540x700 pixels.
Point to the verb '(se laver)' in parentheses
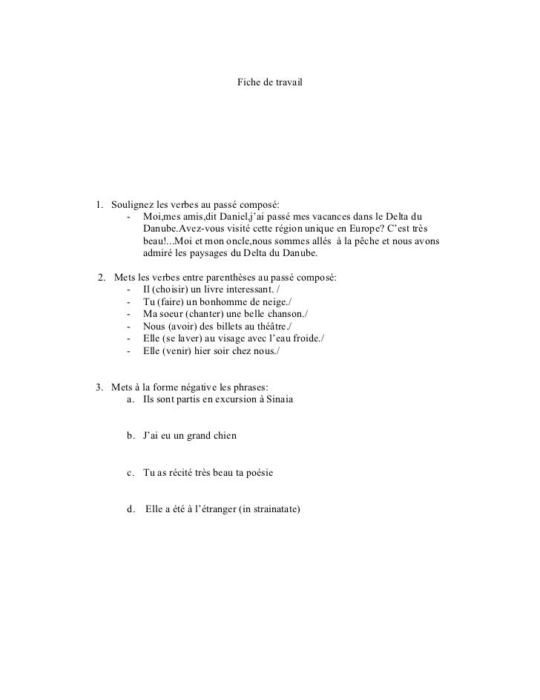point(185,338)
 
